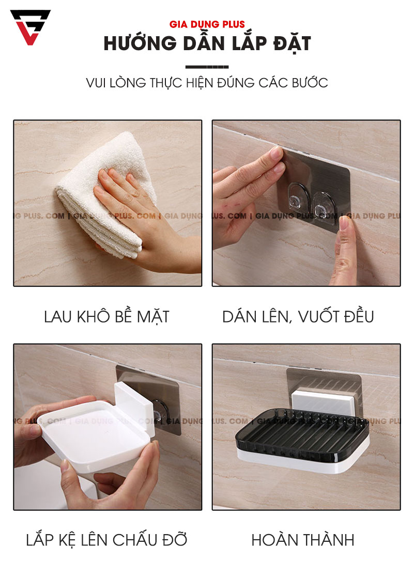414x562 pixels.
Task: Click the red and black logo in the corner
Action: point(30,27)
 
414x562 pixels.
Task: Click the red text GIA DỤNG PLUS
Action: point(207,24)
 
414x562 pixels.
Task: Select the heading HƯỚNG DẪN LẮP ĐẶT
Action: point(207,44)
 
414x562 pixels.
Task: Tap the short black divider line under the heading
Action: point(207,67)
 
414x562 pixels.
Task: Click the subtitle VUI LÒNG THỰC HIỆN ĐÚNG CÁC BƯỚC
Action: point(207,83)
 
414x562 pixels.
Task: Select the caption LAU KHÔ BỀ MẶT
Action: point(106,316)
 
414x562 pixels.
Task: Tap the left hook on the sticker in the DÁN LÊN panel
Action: point(295,200)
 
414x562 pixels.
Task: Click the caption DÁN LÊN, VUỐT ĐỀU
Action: point(298,316)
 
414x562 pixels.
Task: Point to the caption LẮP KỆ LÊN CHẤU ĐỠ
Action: point(106,540)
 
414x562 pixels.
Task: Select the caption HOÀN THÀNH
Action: point(303,540)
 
